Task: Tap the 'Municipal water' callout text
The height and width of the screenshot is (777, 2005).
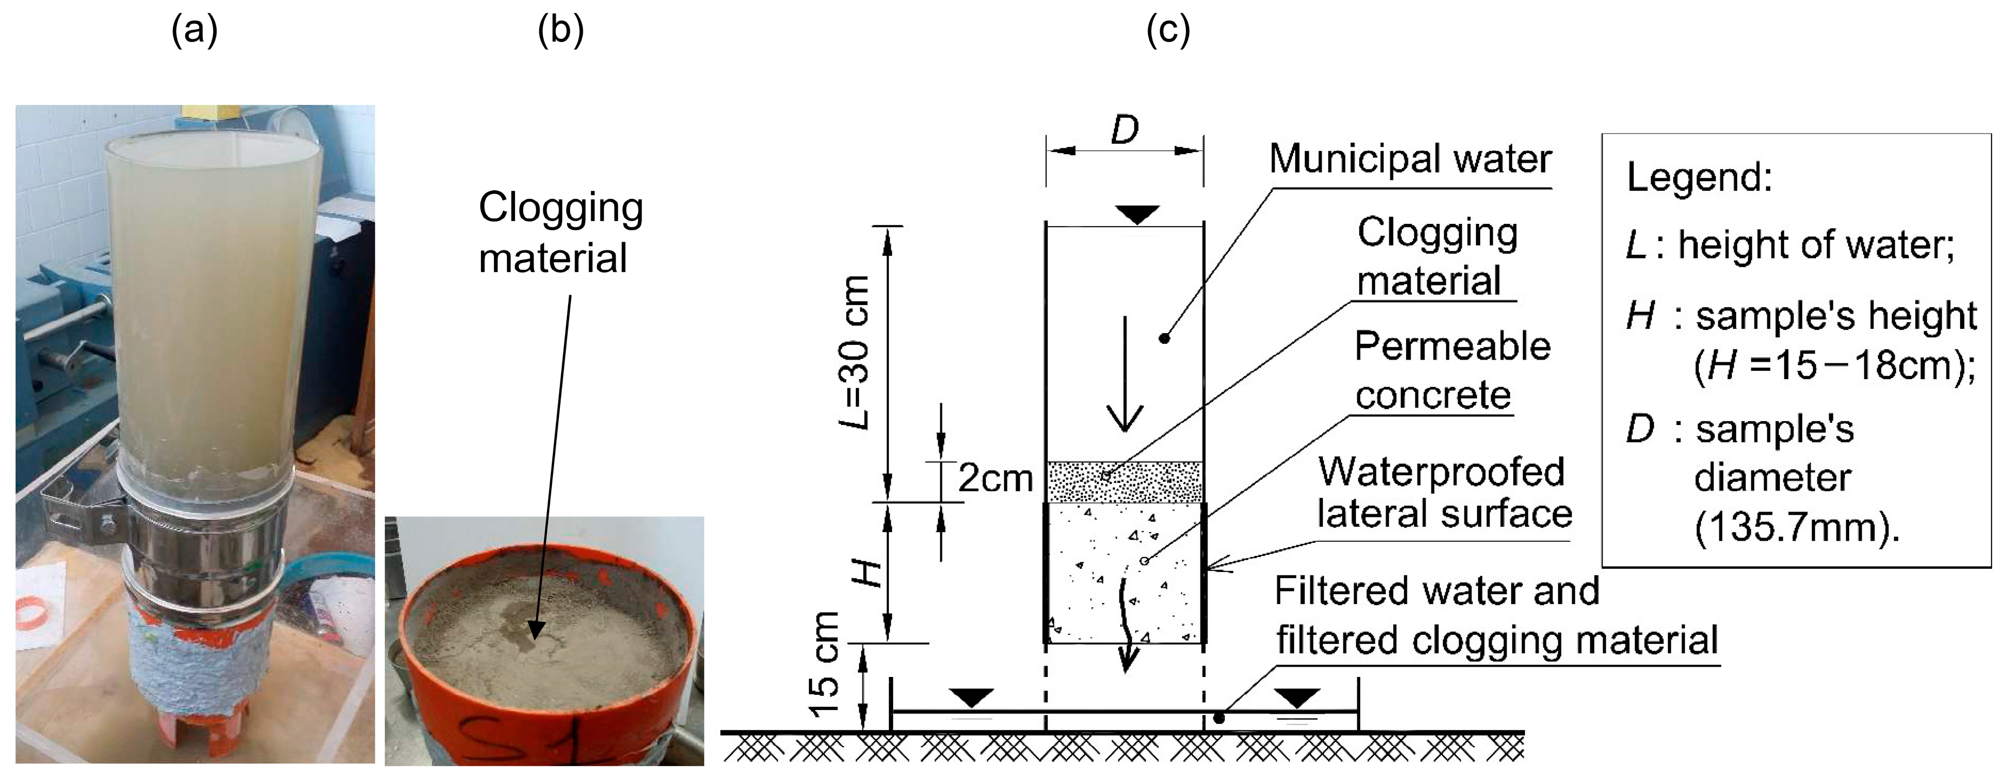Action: click(1410, 160)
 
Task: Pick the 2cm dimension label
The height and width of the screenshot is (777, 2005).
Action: click(995, 477)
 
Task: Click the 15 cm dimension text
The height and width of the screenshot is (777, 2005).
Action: click(825, 665)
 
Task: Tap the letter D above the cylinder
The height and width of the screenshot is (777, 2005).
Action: click(1125, 130)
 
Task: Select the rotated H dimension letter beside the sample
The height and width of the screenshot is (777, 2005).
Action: click(866, 573)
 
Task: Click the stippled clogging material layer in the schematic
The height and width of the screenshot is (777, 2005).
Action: click(1125, 482)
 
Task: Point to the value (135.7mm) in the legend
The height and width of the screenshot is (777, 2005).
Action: click(1796, 527)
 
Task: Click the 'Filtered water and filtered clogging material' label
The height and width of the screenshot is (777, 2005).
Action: click(1494, 615)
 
